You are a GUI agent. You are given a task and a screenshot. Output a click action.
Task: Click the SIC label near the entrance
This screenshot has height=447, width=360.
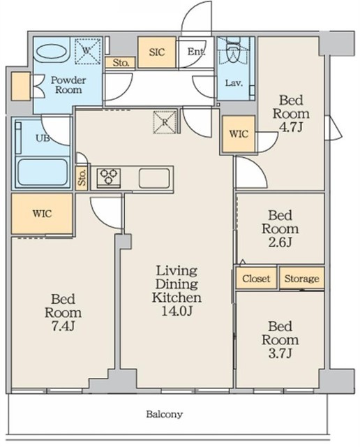pyautogui.click(x=157, y=52)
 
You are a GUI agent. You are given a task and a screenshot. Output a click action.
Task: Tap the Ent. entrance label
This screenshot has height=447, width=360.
pyautogui.click(x=196, y=52)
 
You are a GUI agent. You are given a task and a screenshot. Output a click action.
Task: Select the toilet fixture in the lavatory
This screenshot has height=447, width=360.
pyautogui.click(x=233, y=51)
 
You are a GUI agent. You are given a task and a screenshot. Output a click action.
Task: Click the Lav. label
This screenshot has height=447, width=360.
pyautogui.click(x=234, y=83)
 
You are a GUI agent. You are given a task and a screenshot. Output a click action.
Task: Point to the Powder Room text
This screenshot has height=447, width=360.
pyautogui.click(x=68, y=85)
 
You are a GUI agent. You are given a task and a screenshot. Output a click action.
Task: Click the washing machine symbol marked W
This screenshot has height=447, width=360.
pyautogui.click(x=87, y=51)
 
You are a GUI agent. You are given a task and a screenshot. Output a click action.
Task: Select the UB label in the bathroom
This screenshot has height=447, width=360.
pyautogui.click(x=43, y=138)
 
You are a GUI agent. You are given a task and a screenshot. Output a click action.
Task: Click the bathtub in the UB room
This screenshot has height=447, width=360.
pyautogui.click(x=43, y=173)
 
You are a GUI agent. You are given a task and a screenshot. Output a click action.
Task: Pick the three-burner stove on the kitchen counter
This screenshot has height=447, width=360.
pyautogui.click(x=109, y=177)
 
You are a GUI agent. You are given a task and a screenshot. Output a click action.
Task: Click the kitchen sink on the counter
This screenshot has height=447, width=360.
pyautogui.click(x=154, y=178)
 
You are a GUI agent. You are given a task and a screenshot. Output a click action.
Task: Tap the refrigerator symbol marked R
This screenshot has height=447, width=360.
pyautogui.click(x=165, y=122)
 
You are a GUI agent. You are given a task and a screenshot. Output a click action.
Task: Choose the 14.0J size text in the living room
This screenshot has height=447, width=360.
pyautogui.click(x=177, y=311)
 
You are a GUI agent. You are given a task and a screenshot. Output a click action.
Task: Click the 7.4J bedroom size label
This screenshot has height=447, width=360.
pyautogui.click(x=63, y=326)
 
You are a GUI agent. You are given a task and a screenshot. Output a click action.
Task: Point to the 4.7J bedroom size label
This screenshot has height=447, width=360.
pyautogui.click(x=291, y=127)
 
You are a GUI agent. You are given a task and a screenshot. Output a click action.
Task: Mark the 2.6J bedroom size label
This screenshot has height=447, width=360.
pyautogui.click(x=280, y=242)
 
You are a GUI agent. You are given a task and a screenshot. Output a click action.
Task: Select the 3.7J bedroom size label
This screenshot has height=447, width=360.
pyautogui.click(x=280, y=353)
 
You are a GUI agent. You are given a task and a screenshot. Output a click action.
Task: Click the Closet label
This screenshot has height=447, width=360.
pyautogui.click(x=256, y=278)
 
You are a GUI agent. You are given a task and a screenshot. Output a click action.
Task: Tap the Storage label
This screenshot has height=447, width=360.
pyautogui.click(x=301, y=279)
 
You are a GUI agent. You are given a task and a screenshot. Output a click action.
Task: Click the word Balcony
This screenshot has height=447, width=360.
pyautogui.click(x=165, y=414)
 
